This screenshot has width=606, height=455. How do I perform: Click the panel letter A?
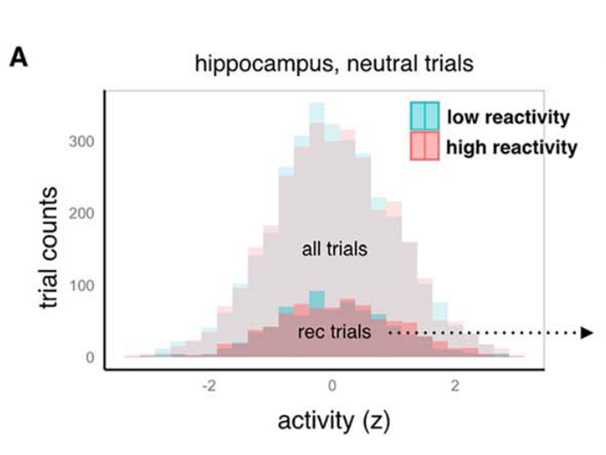coord(18,58)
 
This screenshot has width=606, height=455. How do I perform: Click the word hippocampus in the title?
coord(249,65)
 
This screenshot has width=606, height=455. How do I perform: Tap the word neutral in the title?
coord(354,65)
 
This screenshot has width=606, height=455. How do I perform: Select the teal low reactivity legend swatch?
coord(423,117)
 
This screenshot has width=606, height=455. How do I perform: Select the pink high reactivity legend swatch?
coord(423,146)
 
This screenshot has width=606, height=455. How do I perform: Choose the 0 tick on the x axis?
coord(331,386)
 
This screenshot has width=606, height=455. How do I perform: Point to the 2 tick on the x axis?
coord(455,386)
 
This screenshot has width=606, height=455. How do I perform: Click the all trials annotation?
coord(333,250)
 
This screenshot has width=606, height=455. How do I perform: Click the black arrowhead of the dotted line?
coord(586,333)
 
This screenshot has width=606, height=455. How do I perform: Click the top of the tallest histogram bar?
coord(316,104)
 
